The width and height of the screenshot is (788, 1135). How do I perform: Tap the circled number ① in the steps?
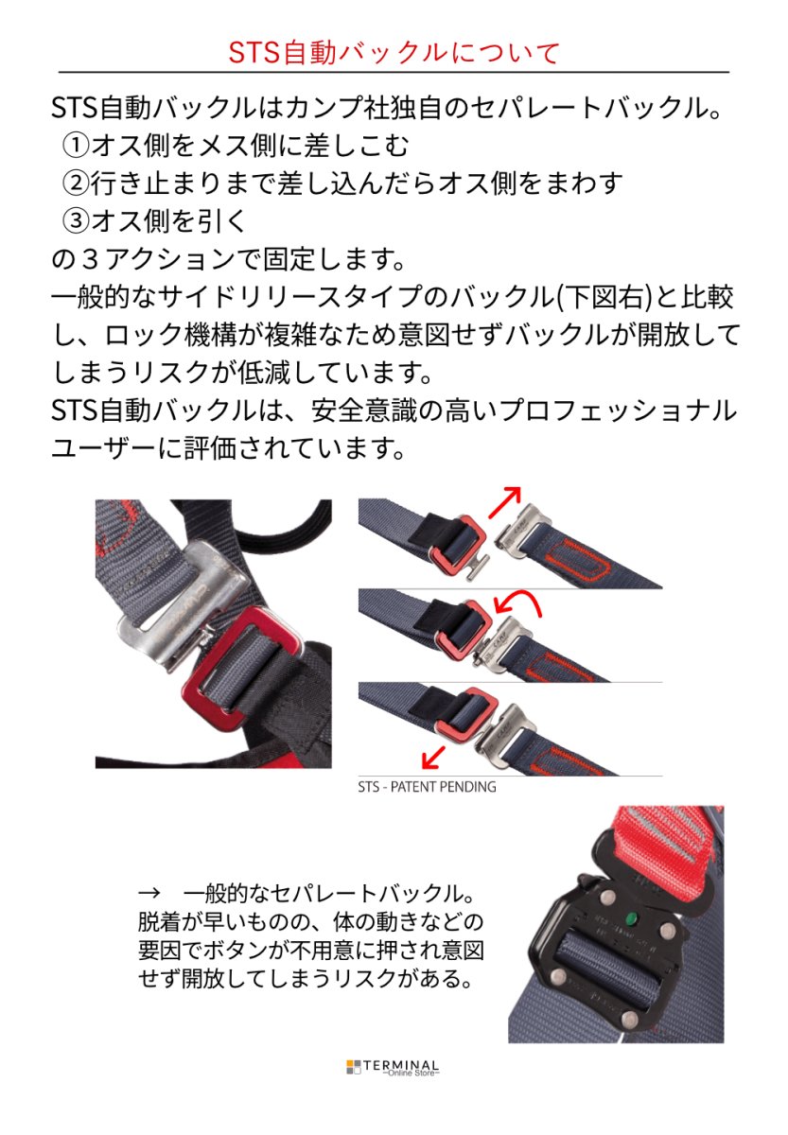tap(76, 145)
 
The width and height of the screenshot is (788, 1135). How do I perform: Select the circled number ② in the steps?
tap(76, 182)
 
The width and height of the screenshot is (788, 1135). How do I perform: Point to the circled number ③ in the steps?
tap(76, 219)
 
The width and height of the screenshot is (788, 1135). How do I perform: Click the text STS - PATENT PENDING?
tap(427, 786)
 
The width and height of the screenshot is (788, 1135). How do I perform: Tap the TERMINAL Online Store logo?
tap(393, 1067)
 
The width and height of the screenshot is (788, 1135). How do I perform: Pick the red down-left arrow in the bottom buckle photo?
tap(434, 757)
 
